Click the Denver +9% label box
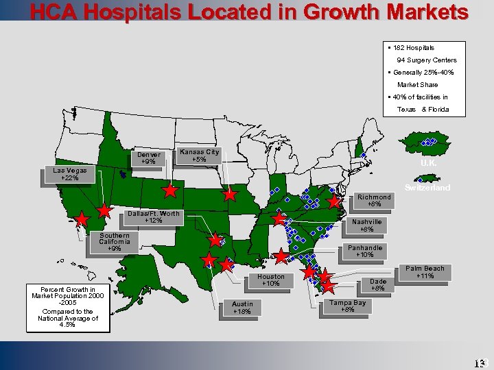coord(149,158)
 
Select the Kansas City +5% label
coord(199,156)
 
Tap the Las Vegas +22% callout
coord(69,175)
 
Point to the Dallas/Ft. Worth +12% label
coord(153,217)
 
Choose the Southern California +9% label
coord(114,242)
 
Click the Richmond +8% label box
coord(374,201)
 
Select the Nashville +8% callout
coord(366,225)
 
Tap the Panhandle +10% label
coord(365,251)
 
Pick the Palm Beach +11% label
coord(425,272)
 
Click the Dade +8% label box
coord(378,285)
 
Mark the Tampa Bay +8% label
coord(347,306)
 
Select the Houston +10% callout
coord(270,280)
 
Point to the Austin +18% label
coord(242,308)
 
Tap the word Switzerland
coord(427,188)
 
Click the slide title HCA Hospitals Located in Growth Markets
coord(248,12)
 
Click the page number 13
coord(479,362)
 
